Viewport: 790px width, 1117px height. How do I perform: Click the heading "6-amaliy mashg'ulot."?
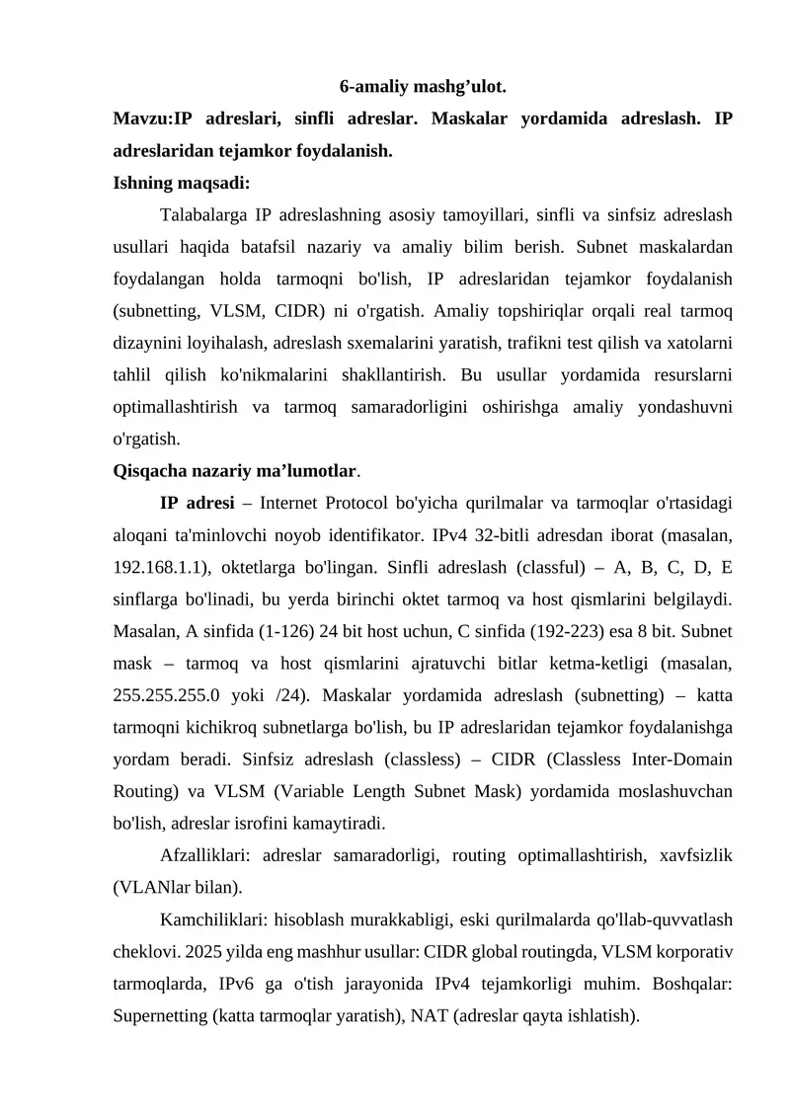tap(423, 87)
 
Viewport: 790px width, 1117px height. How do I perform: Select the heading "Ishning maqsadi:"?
tap(167, 183)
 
